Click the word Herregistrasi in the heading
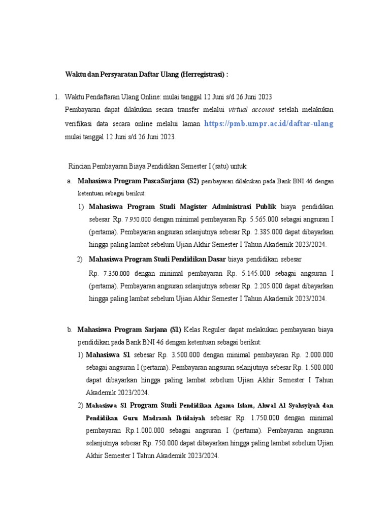point(202,75)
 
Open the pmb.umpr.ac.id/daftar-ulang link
point(269,123)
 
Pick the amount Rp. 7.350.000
point(109,273)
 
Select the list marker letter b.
point(69,330)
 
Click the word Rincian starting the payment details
point(80,167)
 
